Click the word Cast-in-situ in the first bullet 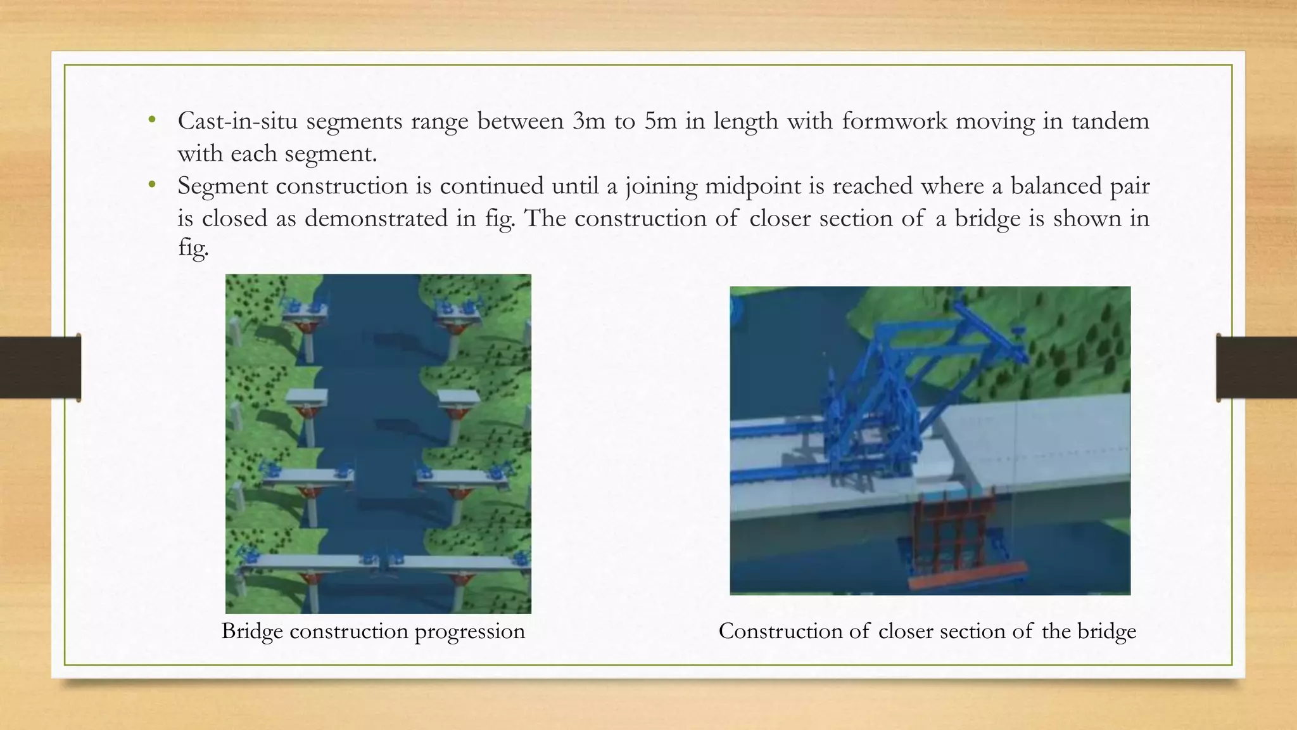pyautogui.click(x=237, y=120)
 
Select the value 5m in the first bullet pyautogui.click(x=661, y=120)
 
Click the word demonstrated pyautogui.click(x=376, y=219)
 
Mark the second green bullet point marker pyautogui.click(x=151, y=185)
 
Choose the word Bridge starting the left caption pyautogui.click(x=252, y=631)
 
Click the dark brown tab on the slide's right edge pyautogui.click(x=1256, y=368)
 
